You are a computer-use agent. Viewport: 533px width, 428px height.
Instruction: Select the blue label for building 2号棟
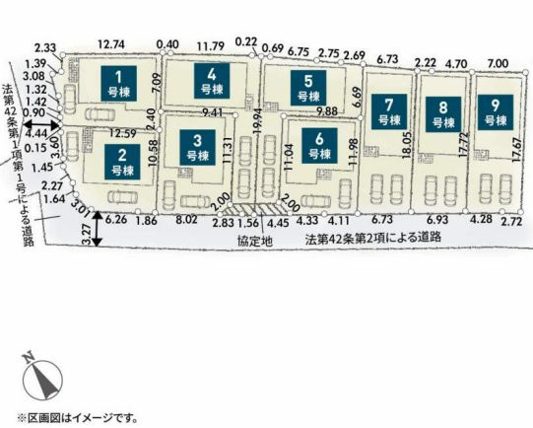[121, 160]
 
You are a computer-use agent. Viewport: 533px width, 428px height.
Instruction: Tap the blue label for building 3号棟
[198, 146]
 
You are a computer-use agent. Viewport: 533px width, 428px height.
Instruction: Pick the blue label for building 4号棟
[206, 78]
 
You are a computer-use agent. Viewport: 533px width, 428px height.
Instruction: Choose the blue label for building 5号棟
[308, 88]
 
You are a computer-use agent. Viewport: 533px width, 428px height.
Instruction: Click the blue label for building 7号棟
[389, 109]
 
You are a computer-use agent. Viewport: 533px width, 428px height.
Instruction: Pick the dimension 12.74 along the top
[112, 43]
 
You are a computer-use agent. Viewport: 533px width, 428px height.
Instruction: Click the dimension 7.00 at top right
[498, 62]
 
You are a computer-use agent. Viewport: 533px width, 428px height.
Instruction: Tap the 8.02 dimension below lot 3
[185, 221]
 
